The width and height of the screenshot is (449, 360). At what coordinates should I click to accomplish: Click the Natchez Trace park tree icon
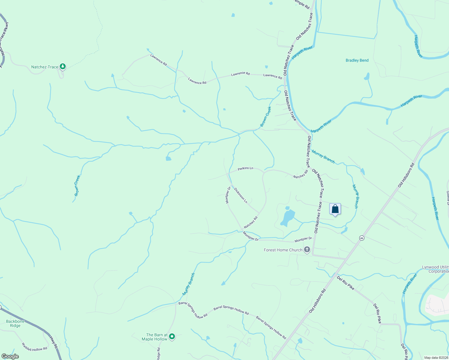point(62,66)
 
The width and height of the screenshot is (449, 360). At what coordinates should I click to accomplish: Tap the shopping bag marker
point(335,209)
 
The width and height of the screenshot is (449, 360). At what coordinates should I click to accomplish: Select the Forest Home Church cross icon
point(307,250)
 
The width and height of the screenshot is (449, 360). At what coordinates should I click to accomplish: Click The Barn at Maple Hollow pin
point(172,337)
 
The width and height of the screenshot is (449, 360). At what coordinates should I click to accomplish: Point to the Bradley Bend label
point(357,60)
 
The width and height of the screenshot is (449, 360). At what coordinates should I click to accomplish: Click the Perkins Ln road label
point(245,169)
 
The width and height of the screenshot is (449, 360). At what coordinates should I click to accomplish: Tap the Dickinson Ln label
point(240,196)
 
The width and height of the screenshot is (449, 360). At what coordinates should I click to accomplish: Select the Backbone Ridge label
point(15,323)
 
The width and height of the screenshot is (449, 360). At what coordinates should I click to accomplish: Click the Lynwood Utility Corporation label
point(435,269)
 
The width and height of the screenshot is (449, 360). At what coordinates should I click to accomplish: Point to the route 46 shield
point(362,238)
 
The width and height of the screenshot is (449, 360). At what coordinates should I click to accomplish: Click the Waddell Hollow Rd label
point(35,347)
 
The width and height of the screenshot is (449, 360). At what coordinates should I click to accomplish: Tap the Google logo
point(10,356)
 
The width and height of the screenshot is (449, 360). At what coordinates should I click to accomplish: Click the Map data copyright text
point(435,358)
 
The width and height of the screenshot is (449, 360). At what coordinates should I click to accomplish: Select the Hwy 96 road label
point(53,343)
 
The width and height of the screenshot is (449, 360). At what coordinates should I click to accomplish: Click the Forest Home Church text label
point(283,250)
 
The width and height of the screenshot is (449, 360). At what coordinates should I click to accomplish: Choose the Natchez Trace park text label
point(45,67)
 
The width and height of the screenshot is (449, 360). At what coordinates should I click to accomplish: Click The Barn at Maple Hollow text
point(155,337)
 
